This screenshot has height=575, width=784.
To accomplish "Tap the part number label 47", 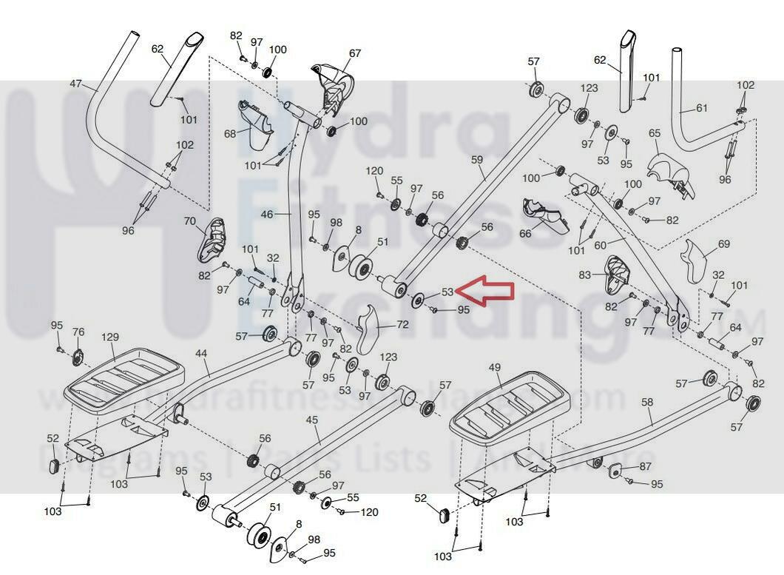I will [76, 84].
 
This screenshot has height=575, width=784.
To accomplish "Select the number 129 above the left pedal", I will [109, 337].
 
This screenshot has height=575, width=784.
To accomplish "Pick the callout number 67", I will [355, 53].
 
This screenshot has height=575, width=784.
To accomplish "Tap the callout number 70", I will [189, 221].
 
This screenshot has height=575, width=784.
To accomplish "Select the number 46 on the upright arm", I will [267, 215].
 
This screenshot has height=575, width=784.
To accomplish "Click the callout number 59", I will [476, 159].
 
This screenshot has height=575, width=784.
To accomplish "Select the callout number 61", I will [702, 107].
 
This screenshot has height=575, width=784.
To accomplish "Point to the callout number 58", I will [647, 402].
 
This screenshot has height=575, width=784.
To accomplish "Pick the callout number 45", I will [311, 420].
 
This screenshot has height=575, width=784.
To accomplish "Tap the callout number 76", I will [78, 332].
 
